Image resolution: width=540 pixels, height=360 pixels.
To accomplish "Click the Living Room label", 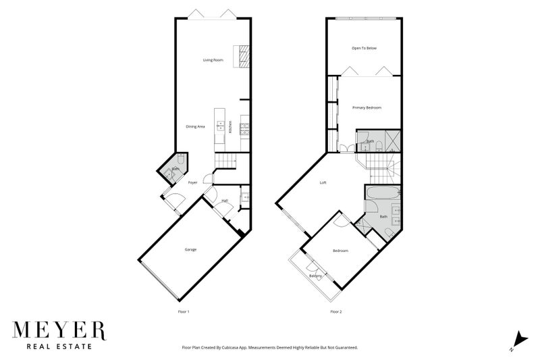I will (213, 60).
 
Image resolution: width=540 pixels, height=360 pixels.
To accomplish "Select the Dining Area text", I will (196, 126).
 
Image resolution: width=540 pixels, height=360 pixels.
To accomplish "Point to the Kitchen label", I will (230, 126).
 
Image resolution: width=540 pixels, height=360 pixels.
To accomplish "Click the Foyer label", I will (192, 182).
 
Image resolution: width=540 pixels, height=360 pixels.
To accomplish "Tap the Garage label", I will (191, 249).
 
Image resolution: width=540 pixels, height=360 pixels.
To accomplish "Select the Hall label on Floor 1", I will (225, 201).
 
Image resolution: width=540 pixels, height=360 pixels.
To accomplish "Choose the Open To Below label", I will (364, 48).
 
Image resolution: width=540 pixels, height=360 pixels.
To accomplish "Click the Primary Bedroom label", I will (367, 107).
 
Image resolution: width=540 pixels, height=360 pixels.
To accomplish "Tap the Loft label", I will (323, 182).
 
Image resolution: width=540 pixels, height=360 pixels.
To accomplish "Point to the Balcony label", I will (315, 276).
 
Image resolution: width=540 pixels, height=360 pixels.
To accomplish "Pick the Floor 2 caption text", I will (336, 311).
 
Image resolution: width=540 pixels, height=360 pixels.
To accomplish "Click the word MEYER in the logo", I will (59, 331).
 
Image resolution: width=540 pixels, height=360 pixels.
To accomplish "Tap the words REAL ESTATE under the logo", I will (59, 348).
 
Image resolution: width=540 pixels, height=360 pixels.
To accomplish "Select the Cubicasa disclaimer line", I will (269, 347).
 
